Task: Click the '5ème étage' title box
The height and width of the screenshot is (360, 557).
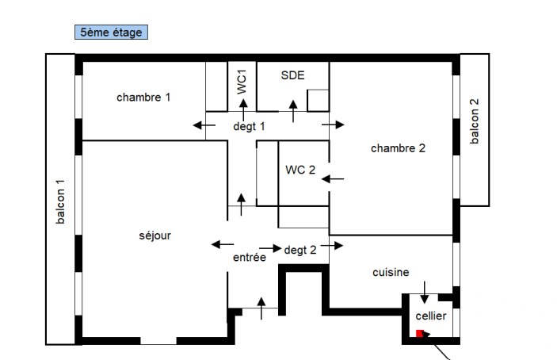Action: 110,33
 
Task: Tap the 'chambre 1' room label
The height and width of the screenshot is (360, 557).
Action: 143,98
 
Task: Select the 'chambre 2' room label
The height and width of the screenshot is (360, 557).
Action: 398,148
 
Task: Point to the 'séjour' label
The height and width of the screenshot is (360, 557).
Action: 155,236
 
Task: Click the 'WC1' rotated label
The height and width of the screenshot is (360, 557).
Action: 242,82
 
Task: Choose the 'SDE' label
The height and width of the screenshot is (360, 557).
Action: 292,75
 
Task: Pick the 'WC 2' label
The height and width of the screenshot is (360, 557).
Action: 300,170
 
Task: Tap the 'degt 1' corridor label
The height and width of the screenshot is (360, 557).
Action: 249,126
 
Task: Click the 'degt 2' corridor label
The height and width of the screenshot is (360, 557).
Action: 300,249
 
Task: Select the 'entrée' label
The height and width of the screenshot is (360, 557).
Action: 250,258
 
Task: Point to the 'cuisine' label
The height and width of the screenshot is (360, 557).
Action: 391,272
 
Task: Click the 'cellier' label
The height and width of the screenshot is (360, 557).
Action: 431,316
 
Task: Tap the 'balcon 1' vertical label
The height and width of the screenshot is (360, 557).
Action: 60,201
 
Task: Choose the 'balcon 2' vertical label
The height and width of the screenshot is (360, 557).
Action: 475,121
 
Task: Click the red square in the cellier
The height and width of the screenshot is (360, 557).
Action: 420,334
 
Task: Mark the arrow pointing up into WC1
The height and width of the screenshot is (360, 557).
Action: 243,108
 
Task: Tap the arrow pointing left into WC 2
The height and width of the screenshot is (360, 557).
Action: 334,179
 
